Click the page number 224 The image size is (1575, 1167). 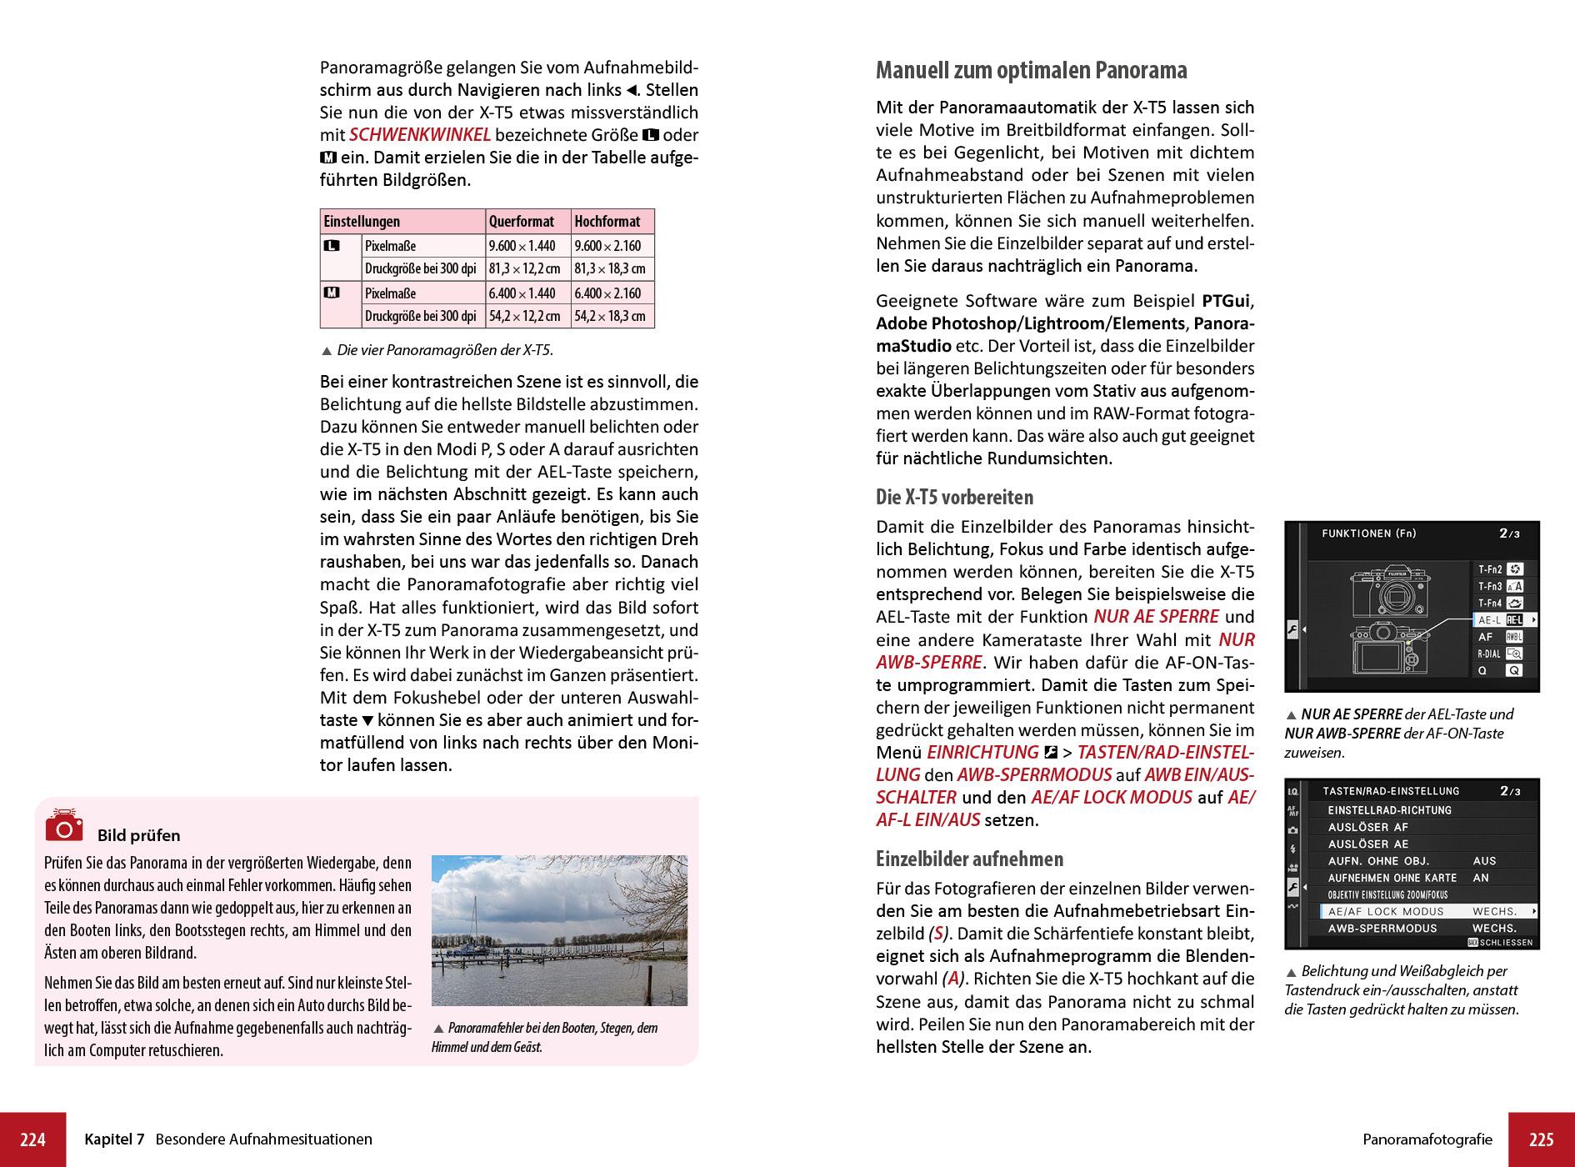[x=32, y=1139]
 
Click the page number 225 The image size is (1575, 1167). [x=1541, y=1139]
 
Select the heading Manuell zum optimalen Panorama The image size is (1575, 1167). [x=1031, y=70]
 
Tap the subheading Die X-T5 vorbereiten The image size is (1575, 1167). [x=954, y=498]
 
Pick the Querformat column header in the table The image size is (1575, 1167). [x=521, y=222]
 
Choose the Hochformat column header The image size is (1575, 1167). [x=607, y=222]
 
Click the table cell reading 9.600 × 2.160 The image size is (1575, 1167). [x=607, y=246]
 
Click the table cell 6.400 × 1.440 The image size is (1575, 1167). [x=522, y=293]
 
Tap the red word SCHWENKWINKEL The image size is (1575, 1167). [x=419, y=135]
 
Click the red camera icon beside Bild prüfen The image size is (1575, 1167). [x=64, y=824]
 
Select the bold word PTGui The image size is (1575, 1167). [x=1227, y=301]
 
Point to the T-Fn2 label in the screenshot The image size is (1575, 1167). [x=1490, y=569]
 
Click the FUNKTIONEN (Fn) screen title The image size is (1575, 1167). [x=1368, y=533]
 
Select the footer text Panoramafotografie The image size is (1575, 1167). [x=1427, y=1139]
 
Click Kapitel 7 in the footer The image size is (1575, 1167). [x=114, y=1139]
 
